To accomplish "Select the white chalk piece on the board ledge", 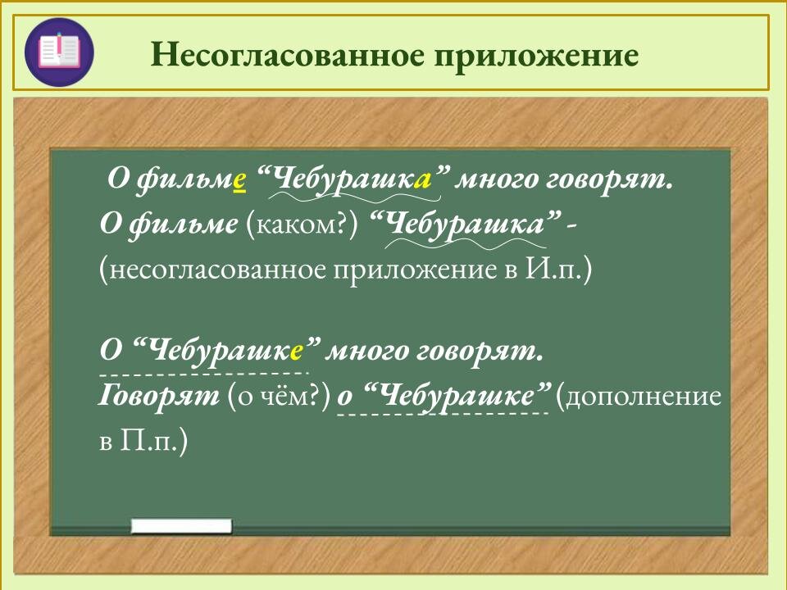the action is [181, 526].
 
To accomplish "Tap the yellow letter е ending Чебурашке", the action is [297, 352].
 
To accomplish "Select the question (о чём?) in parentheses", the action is [279, 397].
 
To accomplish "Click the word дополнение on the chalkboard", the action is [644, 397].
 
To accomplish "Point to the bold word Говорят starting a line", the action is [158, 397].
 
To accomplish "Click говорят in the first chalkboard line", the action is [608, 180].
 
